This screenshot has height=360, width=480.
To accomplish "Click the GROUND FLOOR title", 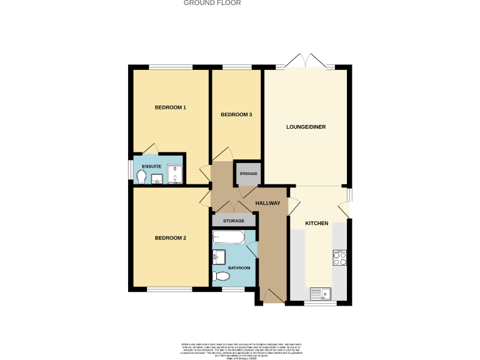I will [x=212, y=3].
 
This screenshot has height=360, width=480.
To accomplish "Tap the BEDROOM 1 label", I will [x=171, y=107].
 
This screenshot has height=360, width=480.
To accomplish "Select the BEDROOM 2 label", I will [x=171, y=238].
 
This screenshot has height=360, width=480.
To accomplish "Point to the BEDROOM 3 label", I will [x=236, y=114].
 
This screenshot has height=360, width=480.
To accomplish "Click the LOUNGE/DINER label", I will [x=306, y=127].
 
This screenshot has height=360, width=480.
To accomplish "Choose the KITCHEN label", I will [x=316, y=223].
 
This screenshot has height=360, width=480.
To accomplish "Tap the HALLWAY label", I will [x=267, y=203].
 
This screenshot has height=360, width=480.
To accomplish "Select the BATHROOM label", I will [x=239, y=268].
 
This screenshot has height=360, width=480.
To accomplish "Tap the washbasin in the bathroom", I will [x=218, y=256].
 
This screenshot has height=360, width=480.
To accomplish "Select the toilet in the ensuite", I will [x=142, y=177].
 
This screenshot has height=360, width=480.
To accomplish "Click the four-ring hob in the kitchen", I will [x=340, y=258].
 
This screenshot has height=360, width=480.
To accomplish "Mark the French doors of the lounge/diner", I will [x=306, y=62].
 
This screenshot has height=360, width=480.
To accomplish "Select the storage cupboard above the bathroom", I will [x=234, y=221].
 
